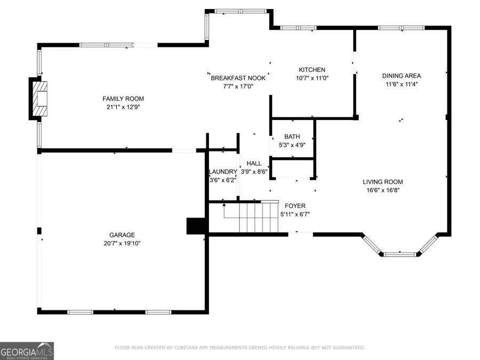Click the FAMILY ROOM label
(x=123, y=99)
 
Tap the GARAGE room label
(x=122, y=235)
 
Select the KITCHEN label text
(x=311, y=70)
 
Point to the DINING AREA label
(x=401, y=76)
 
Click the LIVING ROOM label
(x=382, y=181)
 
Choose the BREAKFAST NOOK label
(x=238, y=78)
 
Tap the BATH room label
(x=292, y=137)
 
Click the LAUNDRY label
(x=223, y=172)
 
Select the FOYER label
(x=295, y=206)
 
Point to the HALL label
(x=254, y=164)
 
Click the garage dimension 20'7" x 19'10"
(x=122, y=243)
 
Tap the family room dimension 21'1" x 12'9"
(x=123, y=107)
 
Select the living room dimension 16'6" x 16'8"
(x=382, y=190)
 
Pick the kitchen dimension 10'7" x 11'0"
(x=311, y=78)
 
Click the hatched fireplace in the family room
(x=40, y=98)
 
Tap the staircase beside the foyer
(x=251, y=217)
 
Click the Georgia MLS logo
(x=27, y=351)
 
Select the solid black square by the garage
(x=196, y=226)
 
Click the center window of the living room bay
(x=399, y=254)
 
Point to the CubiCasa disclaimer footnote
(x=240, y=348)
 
